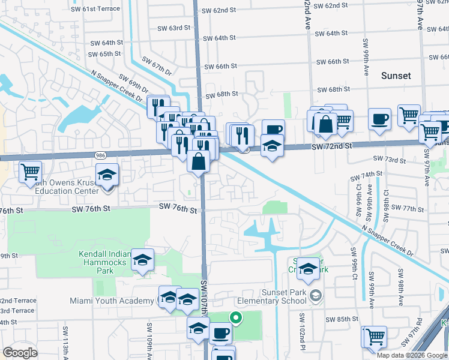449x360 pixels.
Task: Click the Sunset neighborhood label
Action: (x=396, y=76)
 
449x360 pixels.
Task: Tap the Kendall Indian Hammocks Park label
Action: (x=104, y=262)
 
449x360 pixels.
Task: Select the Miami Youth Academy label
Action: (x=112, y=301)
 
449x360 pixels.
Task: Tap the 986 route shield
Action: (x=100, y=155)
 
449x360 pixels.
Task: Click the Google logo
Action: (x=20, y=352)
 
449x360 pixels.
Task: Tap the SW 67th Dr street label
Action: (x=156, y=67)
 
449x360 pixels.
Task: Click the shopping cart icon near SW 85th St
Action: (x=375, y=336)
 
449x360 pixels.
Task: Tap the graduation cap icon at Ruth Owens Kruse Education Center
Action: (x=107, y=175)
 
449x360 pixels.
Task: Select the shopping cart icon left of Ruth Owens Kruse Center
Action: (x=30, y=172)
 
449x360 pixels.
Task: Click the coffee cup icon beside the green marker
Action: (x=220, y=332)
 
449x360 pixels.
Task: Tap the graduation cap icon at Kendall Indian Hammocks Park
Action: (x=142, y=260)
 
